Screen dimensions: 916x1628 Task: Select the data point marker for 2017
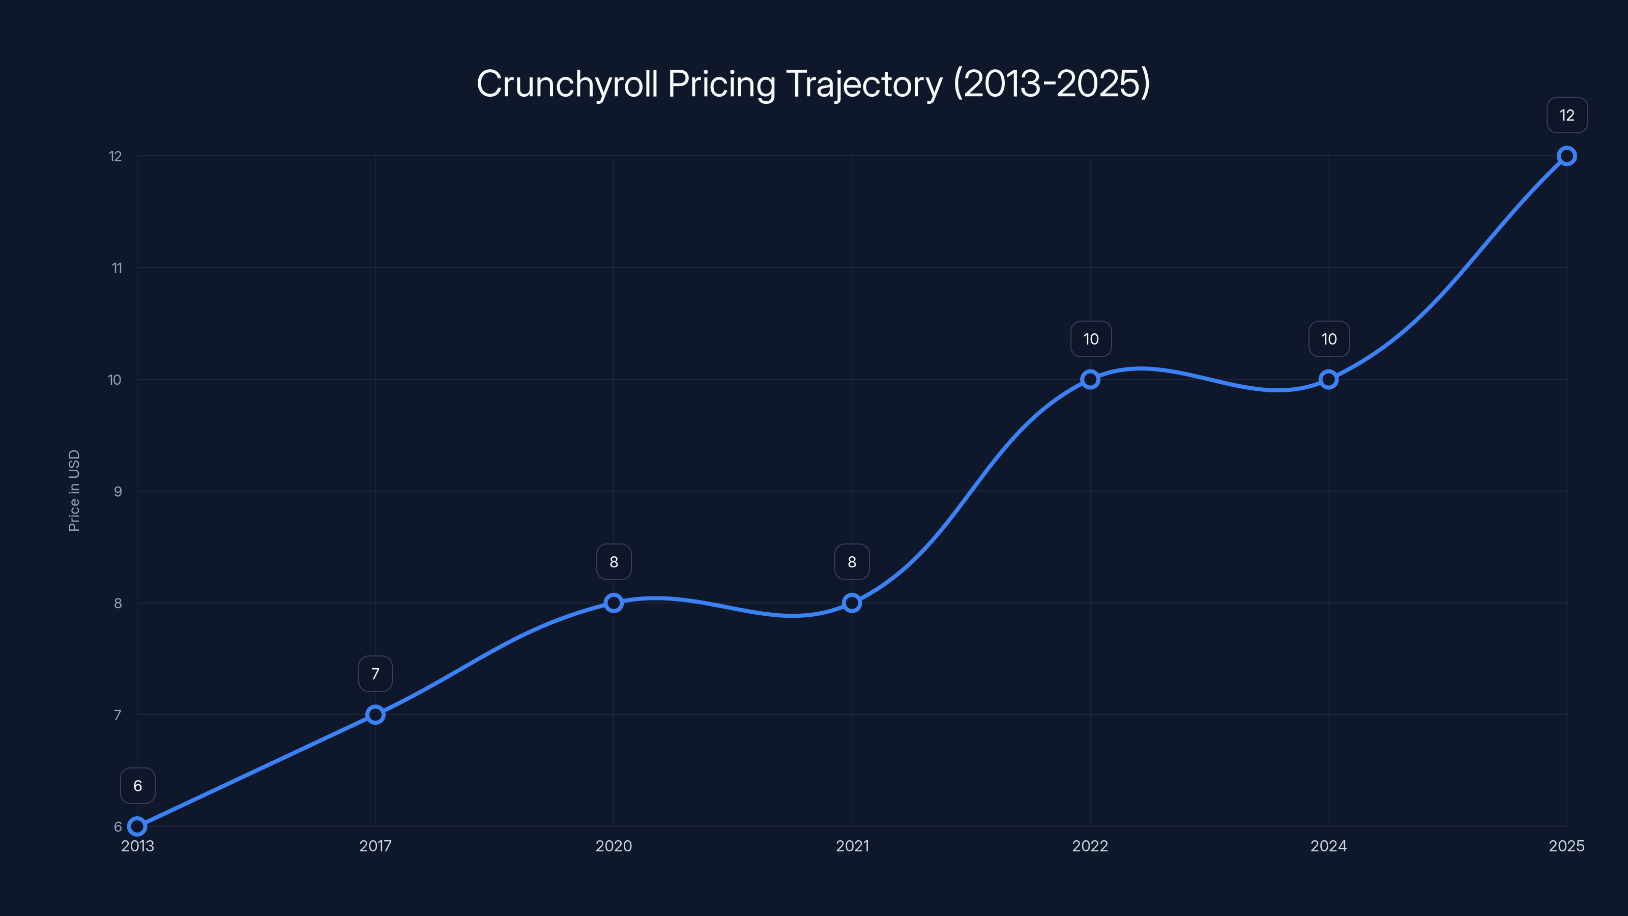pos(375,714)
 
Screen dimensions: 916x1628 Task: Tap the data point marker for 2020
pos(614,603)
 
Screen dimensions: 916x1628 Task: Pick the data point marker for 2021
pos(852,603)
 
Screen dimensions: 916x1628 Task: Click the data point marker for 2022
pos(1090,379)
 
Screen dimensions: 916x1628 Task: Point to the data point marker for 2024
pos(1328,379)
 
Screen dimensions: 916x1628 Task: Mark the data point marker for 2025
pos(1567,156)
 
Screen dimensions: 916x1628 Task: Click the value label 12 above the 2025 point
pos(1567,115)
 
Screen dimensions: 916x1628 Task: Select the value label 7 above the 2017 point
pos(375,674)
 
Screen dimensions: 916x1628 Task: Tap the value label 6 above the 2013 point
pos(138,786)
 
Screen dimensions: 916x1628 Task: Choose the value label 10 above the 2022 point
pos(1091,339)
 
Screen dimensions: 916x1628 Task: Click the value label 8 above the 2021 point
pos(852,562)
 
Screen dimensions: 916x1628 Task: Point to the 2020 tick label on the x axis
pos(614,846)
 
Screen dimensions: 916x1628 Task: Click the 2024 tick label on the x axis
pos(1328,846)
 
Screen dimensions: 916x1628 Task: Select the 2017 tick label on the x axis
pos(375,846)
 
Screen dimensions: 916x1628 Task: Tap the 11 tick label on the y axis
pos(117,268)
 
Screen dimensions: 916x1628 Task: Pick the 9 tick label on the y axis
pos(118,491)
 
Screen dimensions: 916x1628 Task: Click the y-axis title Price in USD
pos(74,491)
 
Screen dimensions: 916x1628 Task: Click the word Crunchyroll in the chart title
pos(567,84)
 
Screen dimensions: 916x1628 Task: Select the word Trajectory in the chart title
pos(864,84)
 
